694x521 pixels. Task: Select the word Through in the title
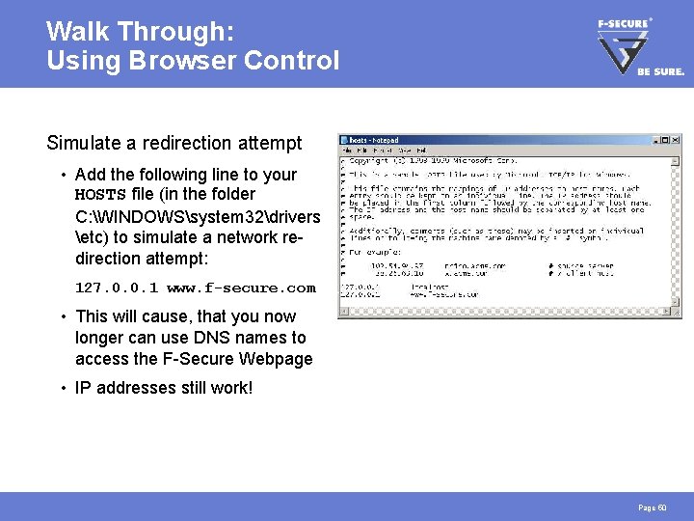click(x=174, y=31)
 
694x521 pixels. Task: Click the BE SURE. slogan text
click(x=660, y=70)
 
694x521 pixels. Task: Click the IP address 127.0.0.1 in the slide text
click(x=117, y=288)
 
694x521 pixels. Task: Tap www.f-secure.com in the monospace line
click(x=241, y=288)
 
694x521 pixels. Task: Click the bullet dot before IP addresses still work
click(x=62, y=388)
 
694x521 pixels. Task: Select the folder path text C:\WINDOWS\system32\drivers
click(x=198, y=216)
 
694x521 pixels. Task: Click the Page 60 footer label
click(x=652, y=507)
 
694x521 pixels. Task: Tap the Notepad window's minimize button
click(x=654, y=141)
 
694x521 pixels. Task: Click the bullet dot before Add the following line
click(x=62, y=176)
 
